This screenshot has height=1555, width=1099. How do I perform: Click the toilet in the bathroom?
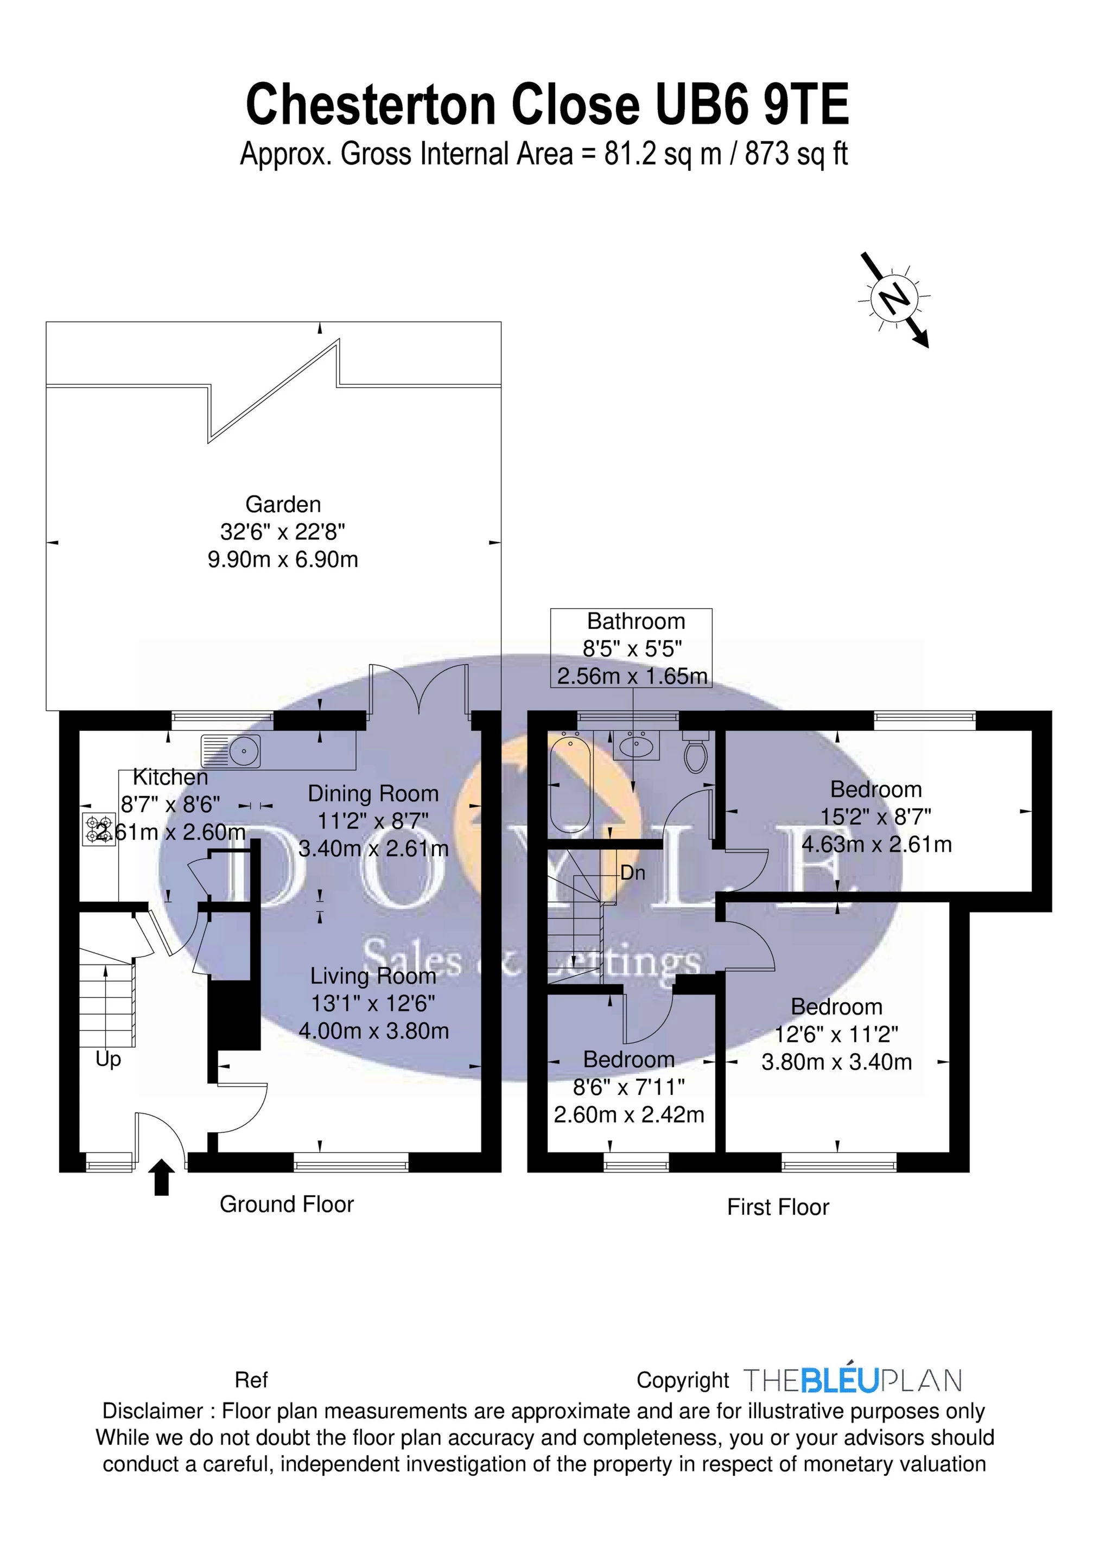pyautogui.click(x=696, y=753)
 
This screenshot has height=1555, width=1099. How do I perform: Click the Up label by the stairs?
pyautogui.click(x=108, y=1059)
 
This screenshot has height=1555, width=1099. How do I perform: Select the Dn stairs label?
pyautogui.click(x=632, y=873)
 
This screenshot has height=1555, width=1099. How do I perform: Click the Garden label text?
pyautogui.click(x=283, y=505)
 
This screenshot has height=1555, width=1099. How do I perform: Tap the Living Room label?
pyautogui.click(x=373, y=976)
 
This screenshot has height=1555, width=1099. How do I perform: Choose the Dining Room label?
pyautogui.click(x=373, y=794)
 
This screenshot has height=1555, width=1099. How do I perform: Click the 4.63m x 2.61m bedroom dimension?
pyautogui.click(x=877, y=845)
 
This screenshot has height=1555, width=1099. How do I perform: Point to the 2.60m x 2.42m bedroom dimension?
pyautogui.click(x=629, y=1115)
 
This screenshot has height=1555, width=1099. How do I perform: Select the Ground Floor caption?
pyautogui.click(x=287, y=1204)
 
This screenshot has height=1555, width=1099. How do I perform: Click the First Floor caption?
pyautogui.click(x=778, y=1207)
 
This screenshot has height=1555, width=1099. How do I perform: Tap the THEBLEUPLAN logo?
pyautogui.click(x=853, y=1380)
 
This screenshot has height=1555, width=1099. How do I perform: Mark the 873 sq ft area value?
pyautogui.click(x=797, y=155)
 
